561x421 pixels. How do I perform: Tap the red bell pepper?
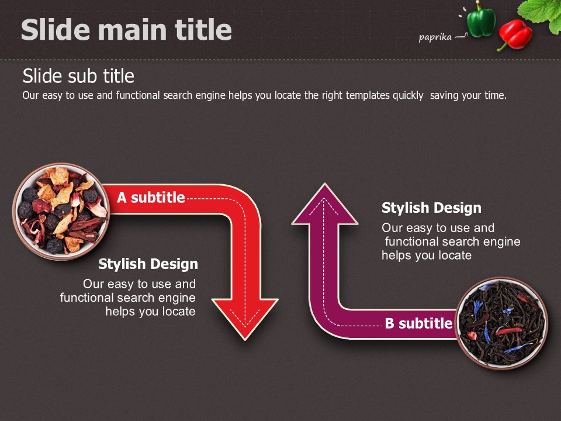[515, 34]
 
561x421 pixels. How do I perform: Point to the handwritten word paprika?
[435, 37]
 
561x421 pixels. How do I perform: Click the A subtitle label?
[151, 197]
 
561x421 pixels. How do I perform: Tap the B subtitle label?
[418, 323]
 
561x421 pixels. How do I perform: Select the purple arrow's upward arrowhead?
[324, 204]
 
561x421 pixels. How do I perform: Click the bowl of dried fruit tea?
[61, 211]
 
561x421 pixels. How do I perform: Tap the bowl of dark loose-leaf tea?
[501, 323]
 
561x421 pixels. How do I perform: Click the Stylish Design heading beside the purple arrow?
[431, 208]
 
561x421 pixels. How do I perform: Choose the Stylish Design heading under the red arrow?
[148, 264]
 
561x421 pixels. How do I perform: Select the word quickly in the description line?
[408, 95]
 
